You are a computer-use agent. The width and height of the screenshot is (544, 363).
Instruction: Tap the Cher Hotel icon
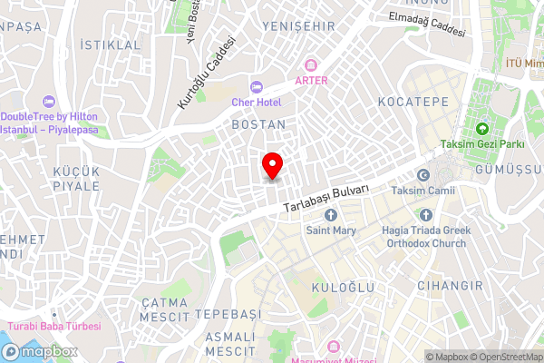(x=257, y=87)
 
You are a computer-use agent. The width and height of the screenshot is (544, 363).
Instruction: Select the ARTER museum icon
(x=311, y=64)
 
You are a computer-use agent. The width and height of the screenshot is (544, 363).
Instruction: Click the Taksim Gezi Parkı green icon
(x=481, y=128)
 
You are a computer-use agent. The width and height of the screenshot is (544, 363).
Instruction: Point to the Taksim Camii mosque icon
(x=423, y=175)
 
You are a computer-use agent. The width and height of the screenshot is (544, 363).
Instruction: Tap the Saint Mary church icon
(x=330, y=215)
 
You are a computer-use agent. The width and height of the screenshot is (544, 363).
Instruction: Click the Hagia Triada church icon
(x=425, y=215)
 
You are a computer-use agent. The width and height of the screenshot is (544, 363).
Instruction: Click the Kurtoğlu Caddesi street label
(x=206, y=74)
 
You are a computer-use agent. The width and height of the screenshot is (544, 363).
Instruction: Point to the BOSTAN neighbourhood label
(x=258, y=124)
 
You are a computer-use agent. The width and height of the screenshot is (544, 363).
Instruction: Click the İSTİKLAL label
(x=111, y=44)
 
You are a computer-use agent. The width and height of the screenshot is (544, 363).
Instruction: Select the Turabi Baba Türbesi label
(x=54, y=326)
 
